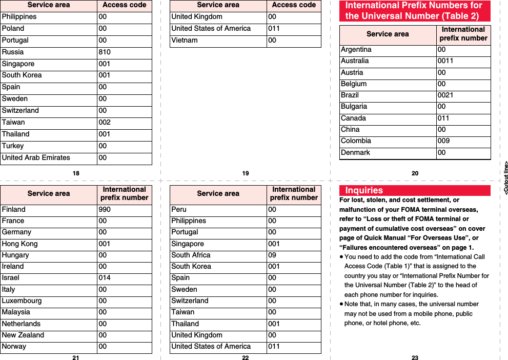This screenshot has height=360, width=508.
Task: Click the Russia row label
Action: [13, 52]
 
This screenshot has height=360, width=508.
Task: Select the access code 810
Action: [105, 52]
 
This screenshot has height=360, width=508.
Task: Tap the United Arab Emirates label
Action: [36, 158]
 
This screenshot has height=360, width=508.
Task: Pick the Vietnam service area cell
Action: [185, 41]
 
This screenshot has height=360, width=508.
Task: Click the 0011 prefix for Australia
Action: [445, 61]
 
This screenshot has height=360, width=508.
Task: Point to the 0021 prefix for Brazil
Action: [445, 95]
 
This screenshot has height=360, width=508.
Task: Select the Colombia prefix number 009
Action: [443, 141]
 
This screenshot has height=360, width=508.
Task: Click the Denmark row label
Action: [355, 153]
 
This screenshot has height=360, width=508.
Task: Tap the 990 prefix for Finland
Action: [105, 210]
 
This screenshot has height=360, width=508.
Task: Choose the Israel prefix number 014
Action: [105, 278]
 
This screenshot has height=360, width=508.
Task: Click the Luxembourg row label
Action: [22, 301]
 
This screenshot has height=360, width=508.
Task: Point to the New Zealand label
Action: [23, 335]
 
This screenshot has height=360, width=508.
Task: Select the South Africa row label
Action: [191, 255]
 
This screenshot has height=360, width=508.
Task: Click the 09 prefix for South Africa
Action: [272, 255]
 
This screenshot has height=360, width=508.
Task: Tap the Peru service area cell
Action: [179, 210]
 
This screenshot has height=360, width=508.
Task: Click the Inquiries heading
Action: [364, 190]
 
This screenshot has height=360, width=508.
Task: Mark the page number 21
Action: [76, 357]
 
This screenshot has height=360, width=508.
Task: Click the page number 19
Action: [246, 173]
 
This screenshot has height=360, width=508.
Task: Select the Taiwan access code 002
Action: [105, 123]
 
